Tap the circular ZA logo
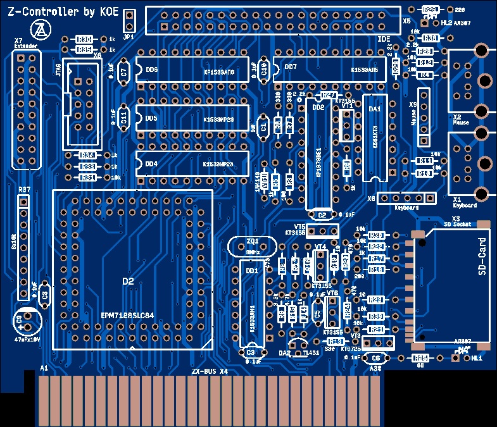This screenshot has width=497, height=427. [40, 29]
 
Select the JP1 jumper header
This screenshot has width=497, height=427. [129, 22]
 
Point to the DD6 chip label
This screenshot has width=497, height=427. [151, 70]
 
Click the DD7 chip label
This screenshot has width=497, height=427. [291, 67]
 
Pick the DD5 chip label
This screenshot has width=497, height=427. [151, 118]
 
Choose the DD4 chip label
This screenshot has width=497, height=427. [151, 164]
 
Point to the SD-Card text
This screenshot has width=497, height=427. [482, 256]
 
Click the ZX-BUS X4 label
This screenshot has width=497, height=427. [209, 371]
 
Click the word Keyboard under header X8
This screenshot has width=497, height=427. [406, 207]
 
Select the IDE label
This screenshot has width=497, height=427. [384, 39]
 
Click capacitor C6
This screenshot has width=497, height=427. [376, 358]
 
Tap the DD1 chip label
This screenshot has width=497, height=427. [251, 271]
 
